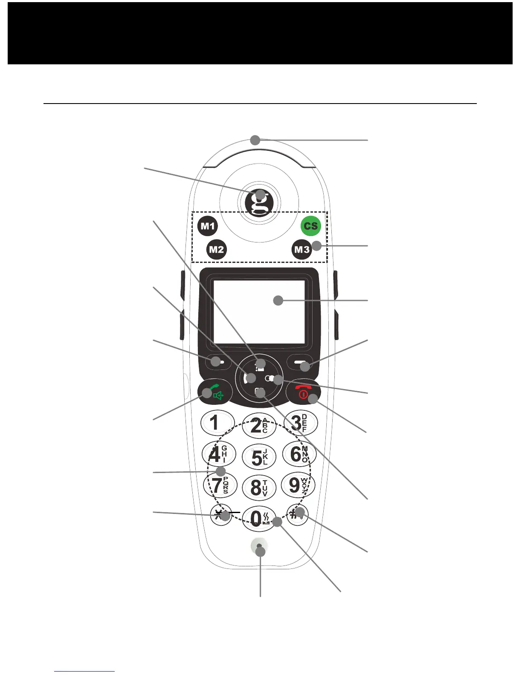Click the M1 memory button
pyautogui.click(x=208, y=226)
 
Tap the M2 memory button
pyautogui.click(x=216, y=249)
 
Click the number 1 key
pyautogui.click(x=217, y=423)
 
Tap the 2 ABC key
pyautogui.click(x=258, y=425)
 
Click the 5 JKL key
pyautogui.click(x=259, y=457)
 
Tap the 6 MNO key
pyautogui.click(x=299, y=454)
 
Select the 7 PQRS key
pyautogui.click(x=219, y=485)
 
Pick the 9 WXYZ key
pyautogui.click(x=298, y=485)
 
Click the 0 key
pyautogui.click(x=258, y=518)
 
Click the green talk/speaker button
pyautogui.click(x=215, y=392)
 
